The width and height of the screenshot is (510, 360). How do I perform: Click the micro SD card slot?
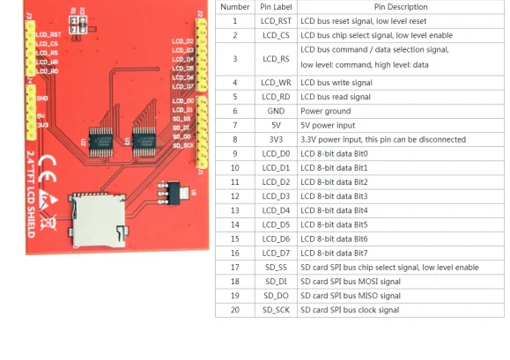pos(98,220)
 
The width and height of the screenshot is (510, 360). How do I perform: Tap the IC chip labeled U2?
pos(101,142)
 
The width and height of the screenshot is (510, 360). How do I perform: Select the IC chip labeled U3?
pos(144,142)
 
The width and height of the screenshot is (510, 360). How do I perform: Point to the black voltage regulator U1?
pos(173,194)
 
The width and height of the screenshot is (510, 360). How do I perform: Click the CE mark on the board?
pos(48,169)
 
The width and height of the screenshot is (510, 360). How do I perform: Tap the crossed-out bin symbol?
pos(48,223)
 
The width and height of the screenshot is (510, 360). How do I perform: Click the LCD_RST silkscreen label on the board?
pos(48,34)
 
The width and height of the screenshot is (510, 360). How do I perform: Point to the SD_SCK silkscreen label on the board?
pos(183,145)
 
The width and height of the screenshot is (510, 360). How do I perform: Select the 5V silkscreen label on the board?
pos(41,116)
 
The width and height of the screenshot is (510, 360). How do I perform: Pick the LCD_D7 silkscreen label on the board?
pos(183,86)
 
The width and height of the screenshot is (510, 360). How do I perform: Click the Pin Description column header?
pos(401,7)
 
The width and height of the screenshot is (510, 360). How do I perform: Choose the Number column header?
pos(235,7)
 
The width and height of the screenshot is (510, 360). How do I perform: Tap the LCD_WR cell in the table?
pos(276,83)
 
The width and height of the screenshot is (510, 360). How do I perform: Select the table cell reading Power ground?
pos(326,111)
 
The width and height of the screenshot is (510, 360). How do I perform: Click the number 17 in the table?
pos(235,268)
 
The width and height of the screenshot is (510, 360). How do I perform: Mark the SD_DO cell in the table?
pos(276,296)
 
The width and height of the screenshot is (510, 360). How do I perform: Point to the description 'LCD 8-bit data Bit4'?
pos(334,210)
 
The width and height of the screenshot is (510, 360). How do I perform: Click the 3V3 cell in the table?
pos(276,140)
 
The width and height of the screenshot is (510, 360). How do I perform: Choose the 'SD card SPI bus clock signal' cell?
pos(350,310)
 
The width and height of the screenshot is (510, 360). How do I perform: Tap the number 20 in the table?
pos(235,310)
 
